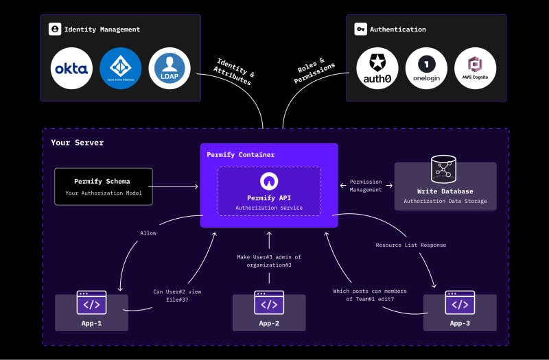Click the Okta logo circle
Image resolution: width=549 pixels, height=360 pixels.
point(72,69)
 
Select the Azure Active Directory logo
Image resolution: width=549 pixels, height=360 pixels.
point(120,69)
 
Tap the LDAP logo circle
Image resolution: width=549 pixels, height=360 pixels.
point(169,69)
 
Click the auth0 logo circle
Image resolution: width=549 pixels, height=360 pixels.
point(377,69)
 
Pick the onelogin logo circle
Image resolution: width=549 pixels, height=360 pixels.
point(426,69)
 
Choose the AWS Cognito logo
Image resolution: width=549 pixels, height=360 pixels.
point(475,69)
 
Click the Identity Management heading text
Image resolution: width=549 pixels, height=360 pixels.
point(102,29)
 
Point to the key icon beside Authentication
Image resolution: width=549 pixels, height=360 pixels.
point(360,29)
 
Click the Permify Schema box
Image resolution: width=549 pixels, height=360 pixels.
point(103,187)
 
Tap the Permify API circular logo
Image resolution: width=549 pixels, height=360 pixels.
point(269,181)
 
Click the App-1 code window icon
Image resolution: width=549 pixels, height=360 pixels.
point(91,302)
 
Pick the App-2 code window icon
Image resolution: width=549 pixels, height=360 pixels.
point(269,302)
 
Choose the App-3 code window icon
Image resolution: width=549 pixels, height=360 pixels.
point(460,302)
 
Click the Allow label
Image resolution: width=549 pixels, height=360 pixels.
point(148,233)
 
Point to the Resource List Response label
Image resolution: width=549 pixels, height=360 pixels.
point(410,245)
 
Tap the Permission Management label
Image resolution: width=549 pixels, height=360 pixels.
point(366,186)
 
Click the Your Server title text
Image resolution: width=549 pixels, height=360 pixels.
point(77,143)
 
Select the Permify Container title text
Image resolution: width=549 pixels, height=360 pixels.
point(240,155)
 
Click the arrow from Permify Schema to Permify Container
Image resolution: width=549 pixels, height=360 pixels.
point(175,187)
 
